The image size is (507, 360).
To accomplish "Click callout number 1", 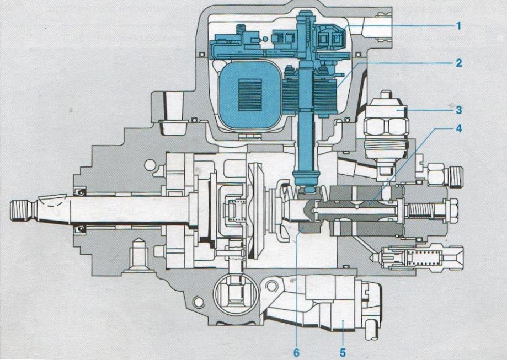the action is click(458, 25).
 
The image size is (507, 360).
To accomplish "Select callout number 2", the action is click(459, 63).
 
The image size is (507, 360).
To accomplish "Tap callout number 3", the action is click(459, 110).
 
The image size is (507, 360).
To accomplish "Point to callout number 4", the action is click(459, 128).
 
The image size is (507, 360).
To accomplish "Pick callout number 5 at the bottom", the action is click(343, 352).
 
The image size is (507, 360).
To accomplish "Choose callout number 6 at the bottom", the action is click(296, 352).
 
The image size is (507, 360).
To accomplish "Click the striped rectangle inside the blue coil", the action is click(249, 95).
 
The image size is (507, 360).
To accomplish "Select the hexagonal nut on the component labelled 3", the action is click(386, 127).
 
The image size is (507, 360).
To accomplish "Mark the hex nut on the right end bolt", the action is click(450, 211).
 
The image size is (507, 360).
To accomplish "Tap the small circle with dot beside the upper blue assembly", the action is click(265, 39).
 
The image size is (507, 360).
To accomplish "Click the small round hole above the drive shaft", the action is click(150, 165).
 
